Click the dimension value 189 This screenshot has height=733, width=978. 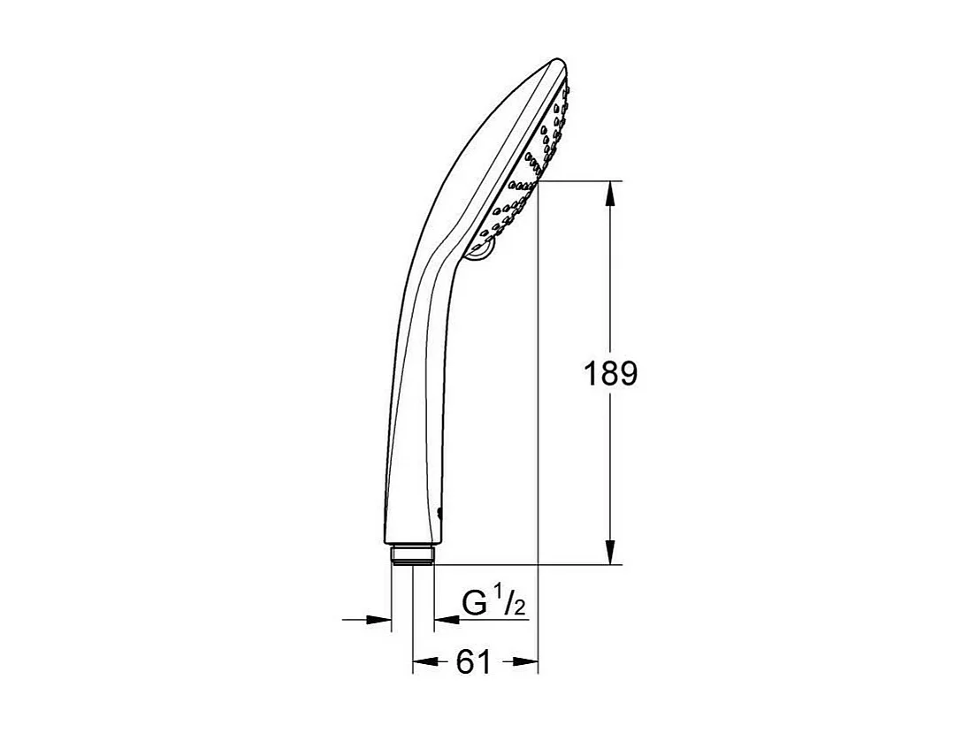[609, 373]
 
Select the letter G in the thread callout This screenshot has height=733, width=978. [476, 604]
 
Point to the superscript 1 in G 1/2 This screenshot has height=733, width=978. [498, 598]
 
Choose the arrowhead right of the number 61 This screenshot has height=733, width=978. [527, 661]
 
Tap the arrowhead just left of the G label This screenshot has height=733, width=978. [445, 619]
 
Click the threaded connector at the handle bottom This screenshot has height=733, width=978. [412, 554]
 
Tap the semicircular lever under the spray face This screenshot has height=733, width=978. [481, 254]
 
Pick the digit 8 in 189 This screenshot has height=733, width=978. [609, 373]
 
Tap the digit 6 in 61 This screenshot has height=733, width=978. [465, 661]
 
